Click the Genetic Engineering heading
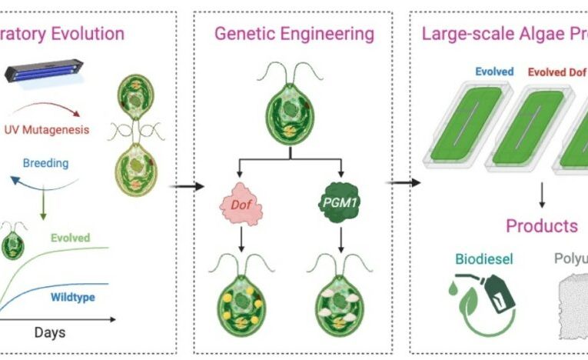pyautogui.click(x=294, y=34)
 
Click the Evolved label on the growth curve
pyautogui.click(x=71, y=238)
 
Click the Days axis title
pyautogui.click(x=49, y=332)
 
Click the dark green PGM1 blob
pyautogui.click(x=338, y=205)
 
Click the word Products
pyautogui.click(x=541, y=226)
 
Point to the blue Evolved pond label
pyautogui.click(x=494, y=72)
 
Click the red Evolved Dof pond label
pyautogui.click(x=557, y=72)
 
